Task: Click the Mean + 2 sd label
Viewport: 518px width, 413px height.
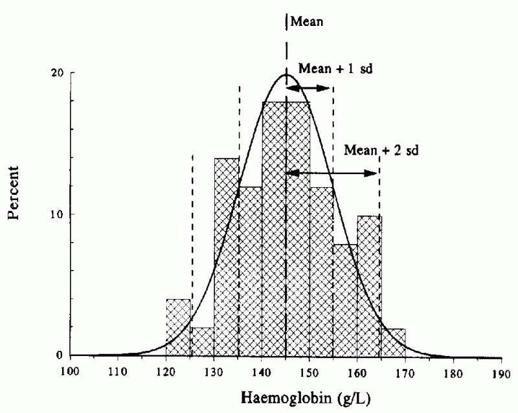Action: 381,150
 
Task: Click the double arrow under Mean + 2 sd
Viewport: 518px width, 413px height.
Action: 333,173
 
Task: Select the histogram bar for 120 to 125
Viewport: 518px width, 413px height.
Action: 179,327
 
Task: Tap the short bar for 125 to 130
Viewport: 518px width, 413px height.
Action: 202,341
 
